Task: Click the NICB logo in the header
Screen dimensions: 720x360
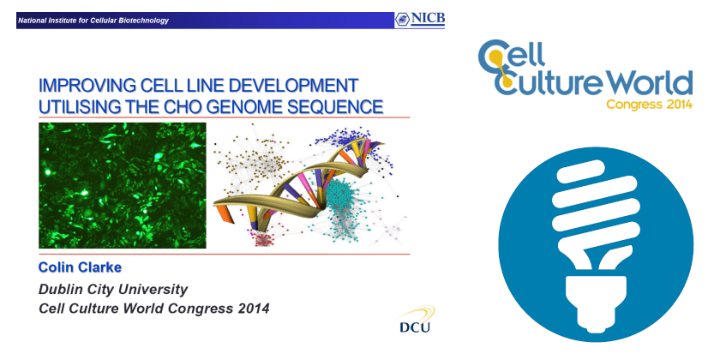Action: point(419,20)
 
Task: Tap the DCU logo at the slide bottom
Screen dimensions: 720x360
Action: point(416,320)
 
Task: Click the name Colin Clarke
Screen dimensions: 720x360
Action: point(80,267)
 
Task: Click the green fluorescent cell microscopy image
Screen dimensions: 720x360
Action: point(122,185)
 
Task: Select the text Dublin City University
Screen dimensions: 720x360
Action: point(113,290)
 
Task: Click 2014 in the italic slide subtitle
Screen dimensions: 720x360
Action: point(254,309)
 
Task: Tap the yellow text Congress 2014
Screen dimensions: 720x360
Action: point(650,105)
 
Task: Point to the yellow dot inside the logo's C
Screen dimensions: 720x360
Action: point(495,56)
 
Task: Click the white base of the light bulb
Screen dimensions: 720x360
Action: point(597,302)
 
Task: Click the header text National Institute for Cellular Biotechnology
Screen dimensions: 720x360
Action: point(93,21)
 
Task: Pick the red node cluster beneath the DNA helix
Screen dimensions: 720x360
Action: point(263,239)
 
